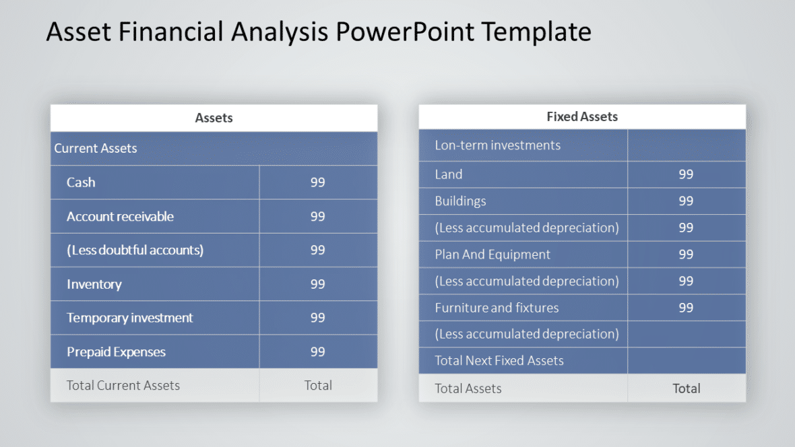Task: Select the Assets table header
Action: click(x=214, y=118)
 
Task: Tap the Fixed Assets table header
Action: click(x=582, y=116)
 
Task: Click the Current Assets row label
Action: click(x=96, y=149)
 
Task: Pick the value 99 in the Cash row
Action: click(x=317, y=182)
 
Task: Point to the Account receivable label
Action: click(x=120, y=217)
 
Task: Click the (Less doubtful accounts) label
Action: click(x=135, y=250)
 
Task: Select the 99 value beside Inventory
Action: click(x=317, y=284)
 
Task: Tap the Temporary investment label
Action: click(x=129, y=318)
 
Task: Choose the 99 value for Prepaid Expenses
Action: click(x=317, y=352)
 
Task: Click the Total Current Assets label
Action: click(x=123, y=386)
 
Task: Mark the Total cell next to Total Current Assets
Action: click(x=317, y=386)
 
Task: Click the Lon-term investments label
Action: click(x=497, y=145)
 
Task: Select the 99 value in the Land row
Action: click(x=686, y=174)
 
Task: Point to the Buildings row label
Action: click(x=460, y=201)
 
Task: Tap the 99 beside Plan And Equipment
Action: click(x=686, y=254)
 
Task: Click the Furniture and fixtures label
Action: click(x=497, y=308)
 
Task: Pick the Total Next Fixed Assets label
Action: click(x=499, y=361)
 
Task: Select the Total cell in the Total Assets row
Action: click(x=686, y=388)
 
